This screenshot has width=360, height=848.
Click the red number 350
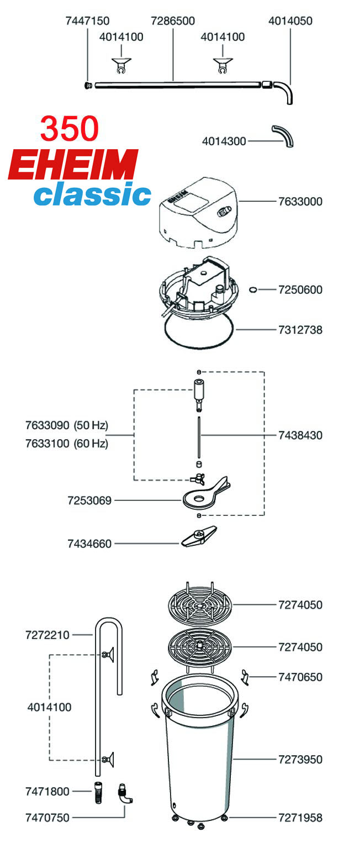[x=70, y=129]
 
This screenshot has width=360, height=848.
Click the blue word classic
[x=92, y=194]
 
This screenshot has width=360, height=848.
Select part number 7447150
[x=87, y=21]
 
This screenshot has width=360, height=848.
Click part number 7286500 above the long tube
[x=173, y=21]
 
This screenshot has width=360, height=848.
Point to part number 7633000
[x=300, y=202]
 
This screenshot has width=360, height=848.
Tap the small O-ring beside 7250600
[x=253, y=289]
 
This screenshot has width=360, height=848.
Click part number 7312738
[x=300, y=330]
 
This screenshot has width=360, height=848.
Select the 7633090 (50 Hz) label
[x=67, y=425]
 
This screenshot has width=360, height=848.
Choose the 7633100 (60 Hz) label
[x=67, y=444]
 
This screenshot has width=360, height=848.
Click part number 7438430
[x=300, y=435]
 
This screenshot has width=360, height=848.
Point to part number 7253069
[x=89, y=501]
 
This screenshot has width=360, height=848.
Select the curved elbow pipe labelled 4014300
[x=283, y=136]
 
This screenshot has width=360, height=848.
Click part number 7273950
[x=300, y=760]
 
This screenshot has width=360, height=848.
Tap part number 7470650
[x=300, y=677]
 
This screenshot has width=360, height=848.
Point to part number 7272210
[x=47, y=635]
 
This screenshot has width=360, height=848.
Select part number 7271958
[x=300, y=818]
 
